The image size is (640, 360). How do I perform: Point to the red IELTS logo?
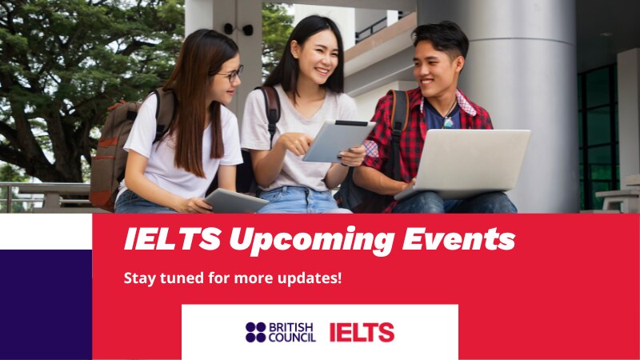tap(362, 332)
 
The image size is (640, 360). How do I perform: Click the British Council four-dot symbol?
tap(255, 332)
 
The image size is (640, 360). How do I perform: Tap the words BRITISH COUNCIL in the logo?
tap(292, 332)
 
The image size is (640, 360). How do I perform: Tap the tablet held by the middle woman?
tap(337, 141)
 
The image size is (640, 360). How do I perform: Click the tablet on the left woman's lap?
tap(234, 200)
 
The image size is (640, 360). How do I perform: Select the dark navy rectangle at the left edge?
tap(46, 304)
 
